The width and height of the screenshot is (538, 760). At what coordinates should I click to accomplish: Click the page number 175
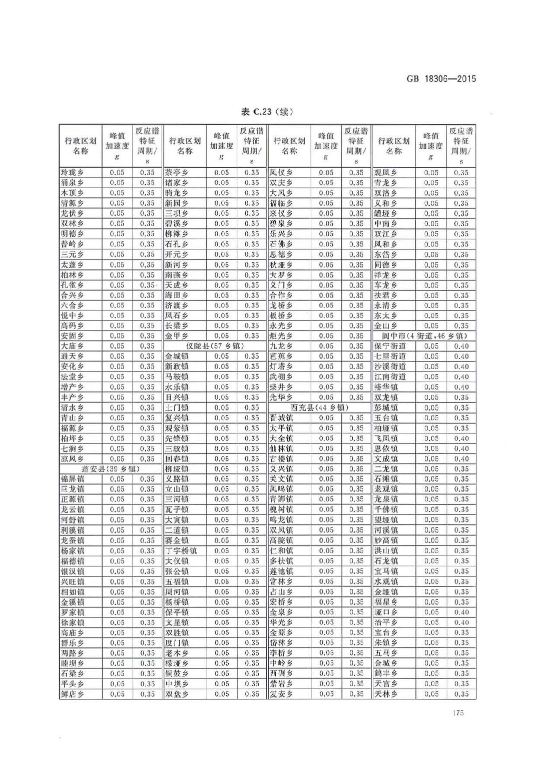pos(457,713)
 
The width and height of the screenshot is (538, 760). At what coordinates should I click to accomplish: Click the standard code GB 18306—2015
pos(441,79)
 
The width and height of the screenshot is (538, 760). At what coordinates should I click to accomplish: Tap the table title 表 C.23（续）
pos(267,112)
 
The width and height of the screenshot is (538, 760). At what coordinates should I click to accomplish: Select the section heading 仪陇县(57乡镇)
pos(215,346)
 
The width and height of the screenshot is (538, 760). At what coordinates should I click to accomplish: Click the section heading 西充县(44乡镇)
pos(319,407)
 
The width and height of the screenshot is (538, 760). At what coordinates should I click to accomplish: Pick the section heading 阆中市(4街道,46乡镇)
pos(424,336)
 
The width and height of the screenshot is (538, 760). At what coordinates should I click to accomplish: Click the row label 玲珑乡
pos(72,172)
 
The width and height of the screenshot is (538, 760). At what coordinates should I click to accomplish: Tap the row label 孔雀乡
pos(72,285)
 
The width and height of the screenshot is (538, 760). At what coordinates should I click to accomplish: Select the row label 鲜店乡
pos(72,694)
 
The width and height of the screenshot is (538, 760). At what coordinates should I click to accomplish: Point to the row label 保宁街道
pos(390,346)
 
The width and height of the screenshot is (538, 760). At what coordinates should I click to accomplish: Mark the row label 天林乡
pos(386,694)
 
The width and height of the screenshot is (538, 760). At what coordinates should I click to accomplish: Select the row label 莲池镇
pos(281,571)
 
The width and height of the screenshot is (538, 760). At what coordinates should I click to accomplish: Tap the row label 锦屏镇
pos(72,479)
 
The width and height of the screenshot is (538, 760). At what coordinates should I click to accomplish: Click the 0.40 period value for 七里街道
pos(461,356)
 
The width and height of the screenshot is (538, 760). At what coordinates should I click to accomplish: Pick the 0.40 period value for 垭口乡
pos(461,612)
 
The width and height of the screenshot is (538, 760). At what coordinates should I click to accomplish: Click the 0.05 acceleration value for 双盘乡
pos(221,694)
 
